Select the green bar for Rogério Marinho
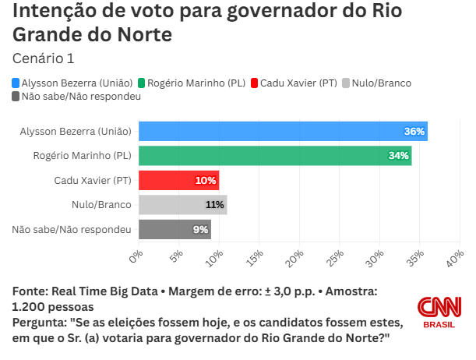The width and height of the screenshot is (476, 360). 274,155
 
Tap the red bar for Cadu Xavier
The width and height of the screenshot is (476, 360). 178,180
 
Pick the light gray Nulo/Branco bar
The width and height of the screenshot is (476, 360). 182,205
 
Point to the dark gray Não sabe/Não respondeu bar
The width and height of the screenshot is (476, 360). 174,229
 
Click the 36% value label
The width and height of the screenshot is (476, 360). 414,131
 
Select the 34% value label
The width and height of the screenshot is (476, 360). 398,156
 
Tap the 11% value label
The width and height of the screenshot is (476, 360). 214,205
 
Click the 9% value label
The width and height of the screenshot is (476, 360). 200,230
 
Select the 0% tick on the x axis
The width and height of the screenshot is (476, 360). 137,255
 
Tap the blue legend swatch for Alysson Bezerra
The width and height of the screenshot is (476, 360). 16,83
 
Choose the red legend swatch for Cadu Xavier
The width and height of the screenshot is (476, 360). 253,83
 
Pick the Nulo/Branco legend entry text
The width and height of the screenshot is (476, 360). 381,83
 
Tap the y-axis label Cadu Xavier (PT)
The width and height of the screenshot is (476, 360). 92,180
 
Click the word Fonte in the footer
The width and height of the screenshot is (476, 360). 30,291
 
